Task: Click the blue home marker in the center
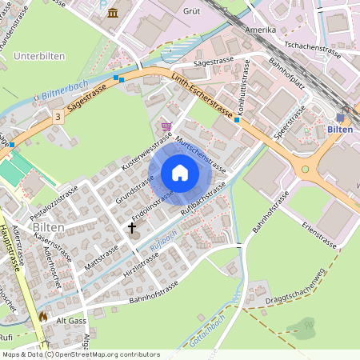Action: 180,173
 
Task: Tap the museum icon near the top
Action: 113,12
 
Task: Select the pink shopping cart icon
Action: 166,126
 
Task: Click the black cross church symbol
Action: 133,228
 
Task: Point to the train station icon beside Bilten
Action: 340,117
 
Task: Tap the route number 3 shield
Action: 58,117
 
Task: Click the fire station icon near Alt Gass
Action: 42,317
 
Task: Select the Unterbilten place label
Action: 38,56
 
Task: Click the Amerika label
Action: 260,30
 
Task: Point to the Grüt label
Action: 192,12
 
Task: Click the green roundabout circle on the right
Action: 305,169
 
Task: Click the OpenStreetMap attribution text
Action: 80,354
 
